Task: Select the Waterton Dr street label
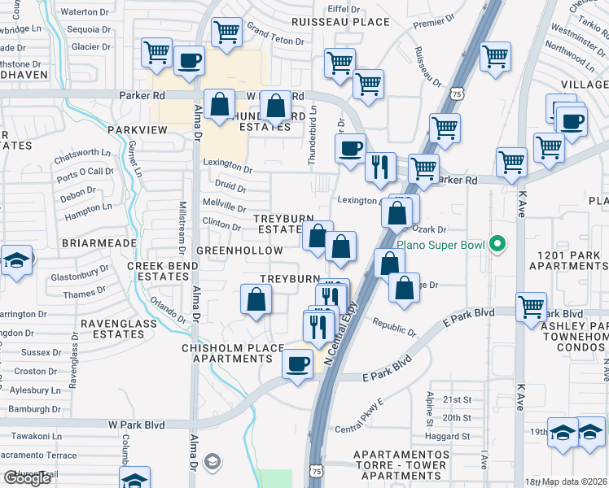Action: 79,12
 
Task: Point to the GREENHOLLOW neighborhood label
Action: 239,251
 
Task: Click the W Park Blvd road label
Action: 137,424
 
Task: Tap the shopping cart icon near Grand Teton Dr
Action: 226,32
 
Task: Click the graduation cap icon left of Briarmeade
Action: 15,260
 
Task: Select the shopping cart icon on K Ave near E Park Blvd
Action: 531,307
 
